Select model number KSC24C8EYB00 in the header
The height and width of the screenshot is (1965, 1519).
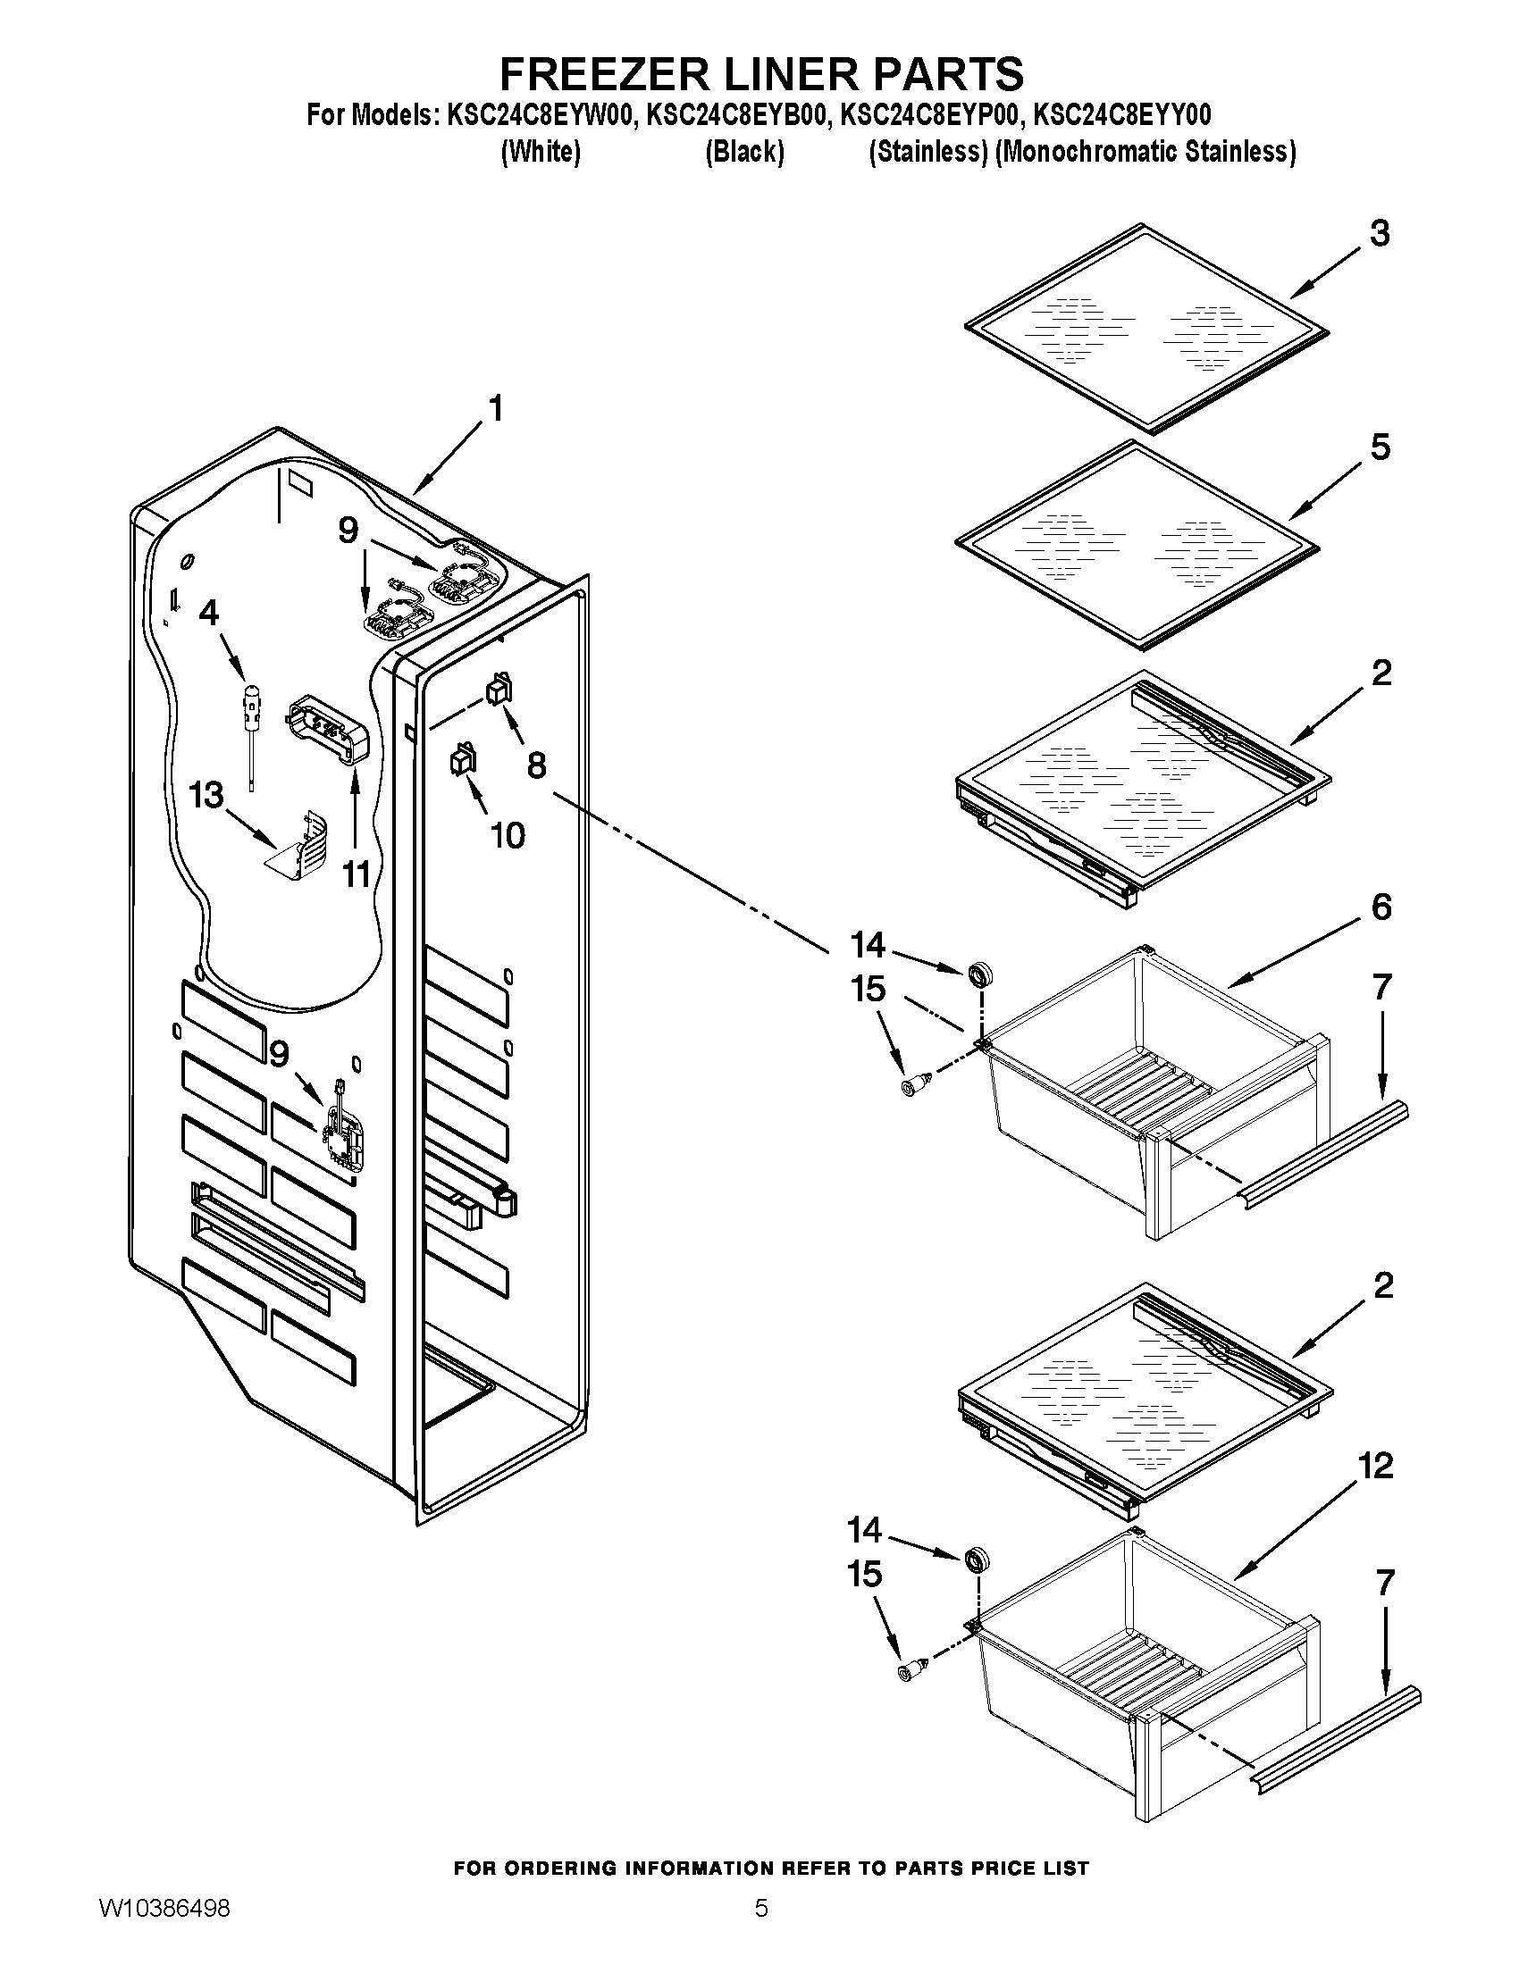pos(734,115)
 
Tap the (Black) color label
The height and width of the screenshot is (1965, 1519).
pos(743,152)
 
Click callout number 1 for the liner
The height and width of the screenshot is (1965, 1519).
pos(495,409)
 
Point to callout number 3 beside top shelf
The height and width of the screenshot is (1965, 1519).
pos(1380,233)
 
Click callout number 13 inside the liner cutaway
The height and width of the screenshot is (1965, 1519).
pos(206,795)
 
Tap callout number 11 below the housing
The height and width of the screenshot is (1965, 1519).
pos(357,873)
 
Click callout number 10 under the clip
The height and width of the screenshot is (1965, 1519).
pos(508,835)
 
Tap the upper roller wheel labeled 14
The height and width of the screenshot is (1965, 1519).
pos(979,974)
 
